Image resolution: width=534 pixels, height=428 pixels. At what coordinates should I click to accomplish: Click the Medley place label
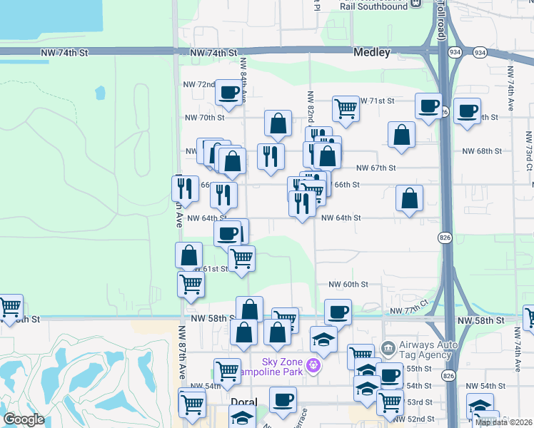coord(372,53)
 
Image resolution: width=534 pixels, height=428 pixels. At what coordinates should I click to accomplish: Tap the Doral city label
coord(243,402)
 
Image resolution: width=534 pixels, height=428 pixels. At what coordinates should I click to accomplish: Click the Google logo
coord(24,419)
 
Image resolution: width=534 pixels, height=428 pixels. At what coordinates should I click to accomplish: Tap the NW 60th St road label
coord(348,284)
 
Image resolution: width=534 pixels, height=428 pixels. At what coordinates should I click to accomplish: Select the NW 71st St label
coord(376,101)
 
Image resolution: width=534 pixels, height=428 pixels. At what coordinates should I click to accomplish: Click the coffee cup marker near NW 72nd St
coord(228,91)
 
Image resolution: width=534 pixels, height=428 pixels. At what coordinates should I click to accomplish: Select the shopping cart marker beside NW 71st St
coord(346,108)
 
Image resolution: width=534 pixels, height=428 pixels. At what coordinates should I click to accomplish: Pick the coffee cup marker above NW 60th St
coord(338,311)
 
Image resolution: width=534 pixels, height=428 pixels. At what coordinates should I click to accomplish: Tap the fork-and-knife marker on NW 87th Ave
coord(184,188)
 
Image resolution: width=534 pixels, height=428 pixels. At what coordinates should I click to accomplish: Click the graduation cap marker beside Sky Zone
coord(323,339)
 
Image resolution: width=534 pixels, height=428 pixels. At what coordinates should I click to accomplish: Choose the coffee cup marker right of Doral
coord(283,399)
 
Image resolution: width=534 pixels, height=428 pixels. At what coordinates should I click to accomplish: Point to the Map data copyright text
coord(504,422)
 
